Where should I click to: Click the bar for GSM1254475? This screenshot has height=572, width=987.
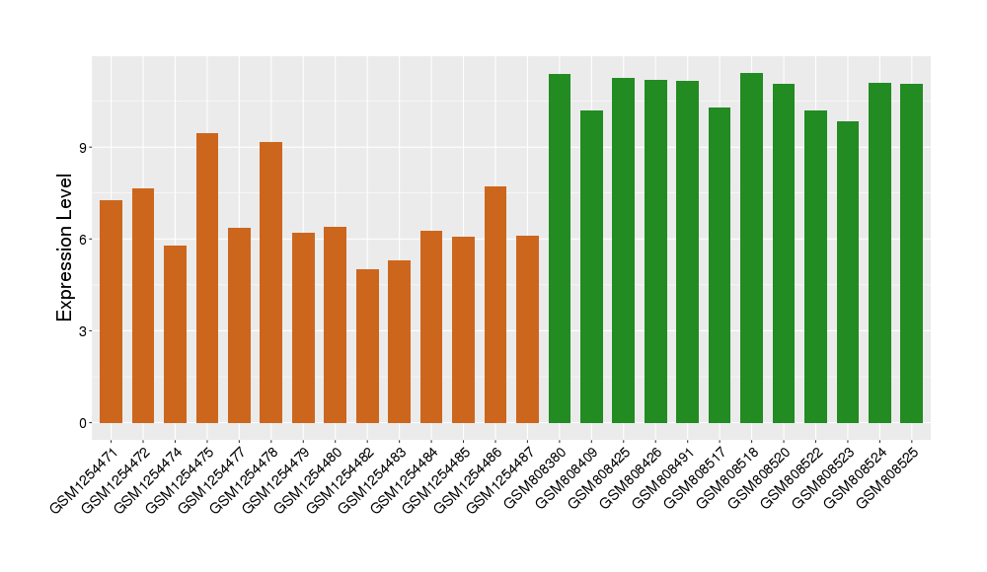pyautogui.click(x=207, y=278)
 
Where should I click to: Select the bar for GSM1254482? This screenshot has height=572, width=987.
pyautogui.click(x=367, y=346)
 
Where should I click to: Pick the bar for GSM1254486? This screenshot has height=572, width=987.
pyautogui.click(x=495, y=305)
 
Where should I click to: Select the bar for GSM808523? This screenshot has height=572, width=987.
pyautogui.click(x=848, y=272)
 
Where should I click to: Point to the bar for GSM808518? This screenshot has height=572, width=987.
pyautogui.click(x=751, y=248)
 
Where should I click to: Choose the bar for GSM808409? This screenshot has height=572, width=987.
pyautogui.click(x=591, y=266)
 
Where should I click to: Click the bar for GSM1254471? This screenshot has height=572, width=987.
pyautogui.click(x=112, y=312)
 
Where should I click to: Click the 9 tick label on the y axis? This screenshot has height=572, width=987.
pyautogui.click(x=85, y=148)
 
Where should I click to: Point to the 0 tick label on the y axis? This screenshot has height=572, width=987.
pyautogui.click(x=85, y=423)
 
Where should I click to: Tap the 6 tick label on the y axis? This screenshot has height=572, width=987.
pyautogui.click(x=85, y=240)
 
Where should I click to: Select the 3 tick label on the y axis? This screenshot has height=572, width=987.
pyautogui.click(x=85, y=331)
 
